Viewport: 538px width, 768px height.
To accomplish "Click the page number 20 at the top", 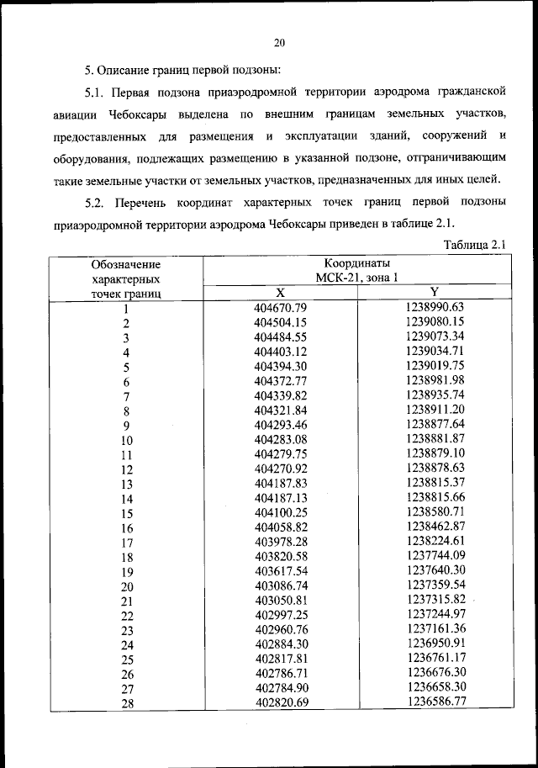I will (x=280, y=44).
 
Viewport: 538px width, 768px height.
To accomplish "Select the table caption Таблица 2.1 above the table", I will (x=472, y=245).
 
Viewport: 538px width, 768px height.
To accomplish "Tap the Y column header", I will (x=435, y=291).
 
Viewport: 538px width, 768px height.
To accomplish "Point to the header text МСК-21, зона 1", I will (x=357, y=278).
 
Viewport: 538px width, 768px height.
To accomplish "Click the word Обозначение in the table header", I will (x=125, y=264).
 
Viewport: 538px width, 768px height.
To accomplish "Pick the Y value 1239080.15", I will (x=435, y=321).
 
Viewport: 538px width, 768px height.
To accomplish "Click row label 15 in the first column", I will (x=126, y=513).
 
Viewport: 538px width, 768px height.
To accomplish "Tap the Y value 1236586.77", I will (x=435, y=702).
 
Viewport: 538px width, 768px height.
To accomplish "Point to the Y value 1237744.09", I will (x=435, y=556).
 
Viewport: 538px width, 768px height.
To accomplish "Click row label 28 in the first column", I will (x=126, y=704).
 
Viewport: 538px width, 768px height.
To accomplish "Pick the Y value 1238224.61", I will (x=435, y=542).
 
